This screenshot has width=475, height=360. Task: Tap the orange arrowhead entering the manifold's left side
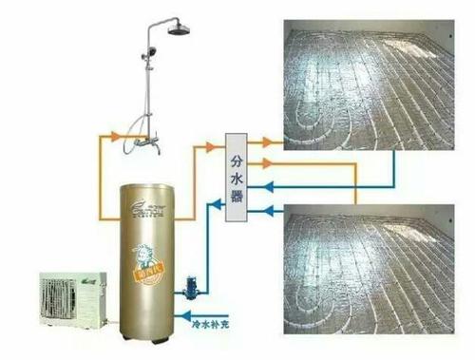[x=212, y=145]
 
